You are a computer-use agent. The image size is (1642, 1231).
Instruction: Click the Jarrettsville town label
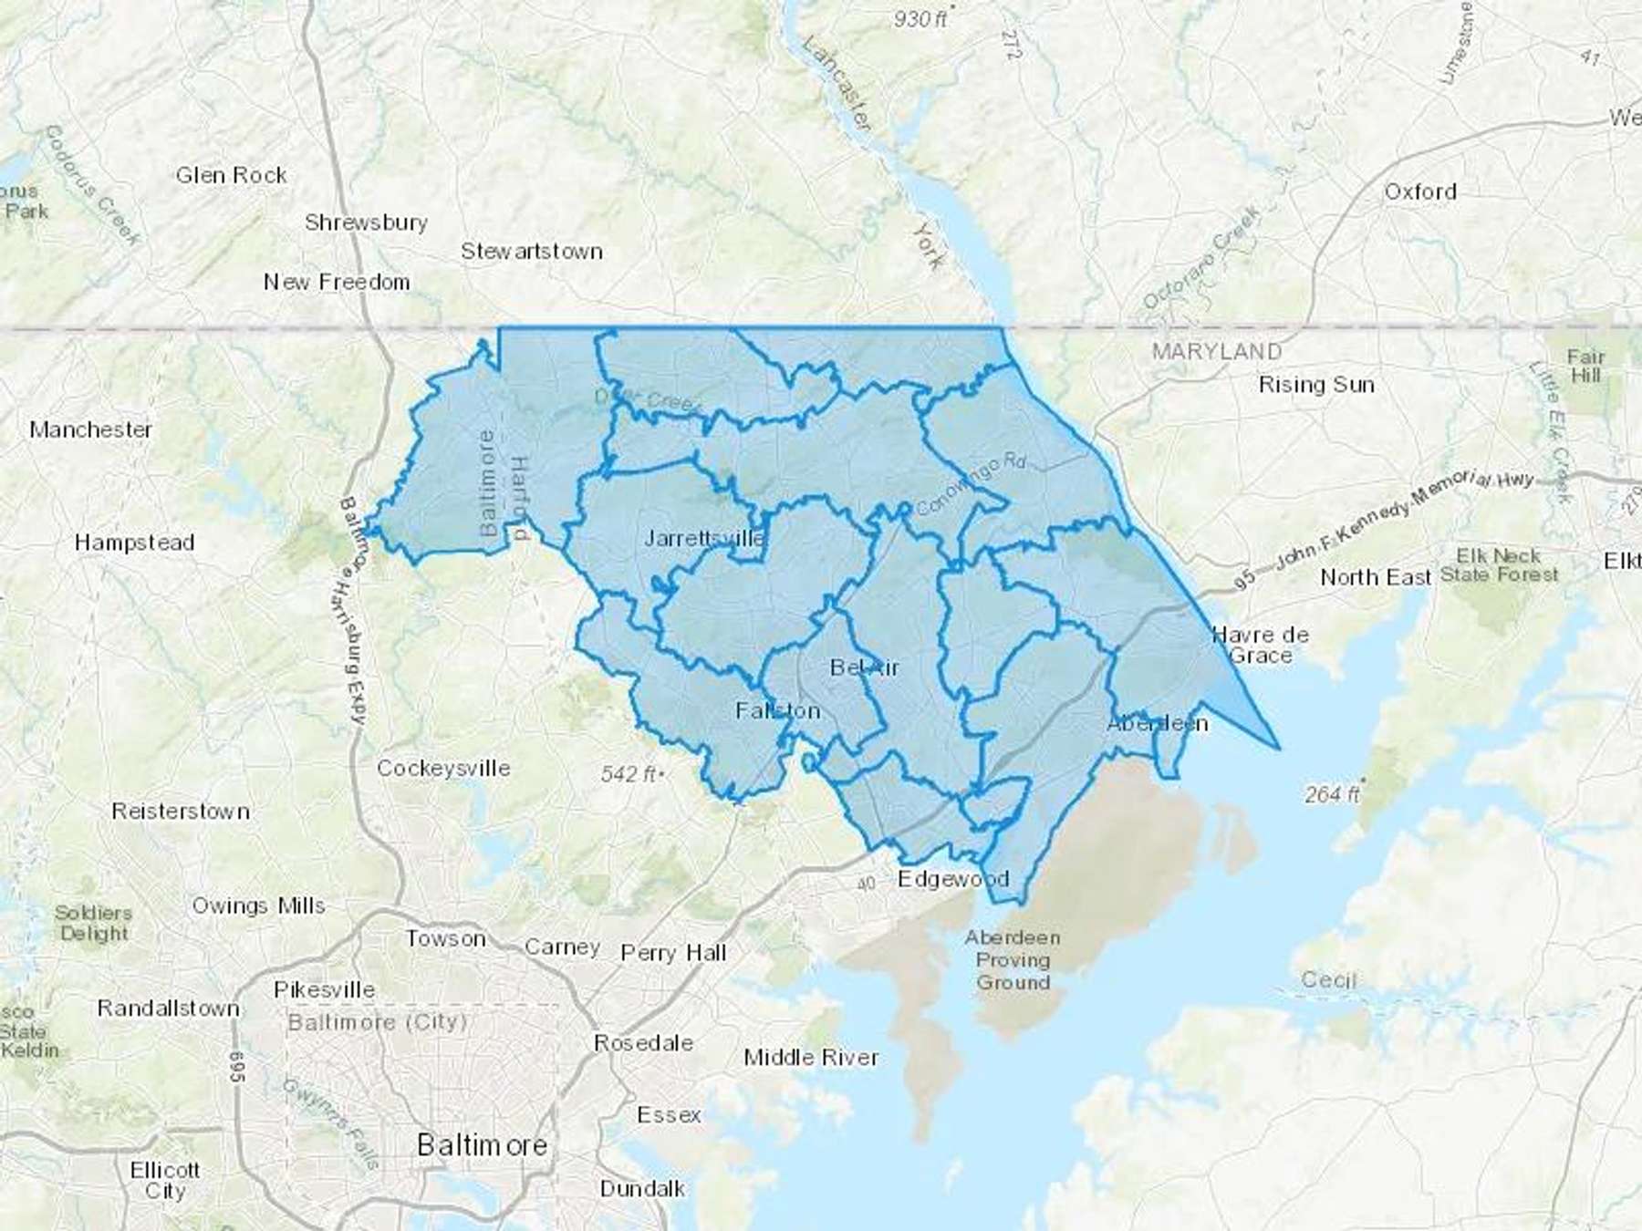click(x=704, y=538)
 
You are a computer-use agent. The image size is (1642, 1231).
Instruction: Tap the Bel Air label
click(x=864, y=667)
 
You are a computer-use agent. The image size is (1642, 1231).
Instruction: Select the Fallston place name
click(x=777, y=710)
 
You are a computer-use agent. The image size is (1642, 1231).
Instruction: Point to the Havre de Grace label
click(x=1261, y=645)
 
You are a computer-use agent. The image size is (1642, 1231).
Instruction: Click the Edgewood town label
click(x=953, y=879)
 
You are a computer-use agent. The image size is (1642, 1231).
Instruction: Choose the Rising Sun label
click(x=1315, y=385)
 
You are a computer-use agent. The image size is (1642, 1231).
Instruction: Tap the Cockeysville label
click(x=443, y=768)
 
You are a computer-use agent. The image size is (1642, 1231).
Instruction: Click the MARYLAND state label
click(x=1216, y=351)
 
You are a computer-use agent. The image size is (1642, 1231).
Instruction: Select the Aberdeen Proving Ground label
click(x=1013, y=959)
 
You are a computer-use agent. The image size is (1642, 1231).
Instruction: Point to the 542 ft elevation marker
click(x=629, y=774)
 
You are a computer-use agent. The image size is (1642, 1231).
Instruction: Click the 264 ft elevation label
click(x=1332, y=794)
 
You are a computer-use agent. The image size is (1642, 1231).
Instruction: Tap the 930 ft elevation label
click(x=920, y=18)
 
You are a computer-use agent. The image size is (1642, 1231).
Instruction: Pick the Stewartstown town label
click(x=531, y=251)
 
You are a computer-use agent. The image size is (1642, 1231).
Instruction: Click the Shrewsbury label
click(x=366, y=222)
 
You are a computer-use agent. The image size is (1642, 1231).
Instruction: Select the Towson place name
click(x=445, y=938)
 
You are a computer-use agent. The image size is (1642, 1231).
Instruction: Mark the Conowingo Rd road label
click(x=971, y=482)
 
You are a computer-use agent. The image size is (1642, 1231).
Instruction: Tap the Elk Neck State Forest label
click(x=1499, y=565)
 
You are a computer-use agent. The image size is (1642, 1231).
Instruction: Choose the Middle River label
click(x=811, y=1057)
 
